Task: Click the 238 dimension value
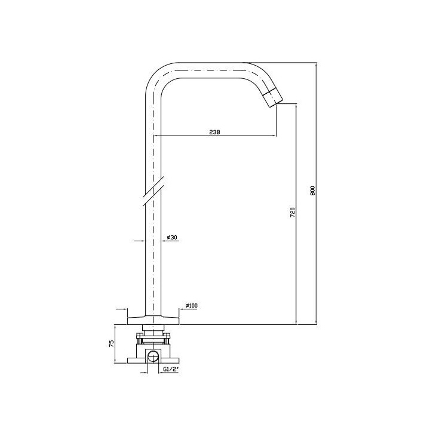(x=215, y=132)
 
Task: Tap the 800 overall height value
(x=313, y=191)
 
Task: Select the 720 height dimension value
(x=293, y=213)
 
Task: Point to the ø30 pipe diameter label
(x=172, y=237)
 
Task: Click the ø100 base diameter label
(x=192, y=306)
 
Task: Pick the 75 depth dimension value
(x=112, y=344)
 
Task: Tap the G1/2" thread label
(x=171, y=369)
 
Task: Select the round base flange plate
(x=153, y=320)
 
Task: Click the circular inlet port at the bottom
(x=153, y=357)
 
